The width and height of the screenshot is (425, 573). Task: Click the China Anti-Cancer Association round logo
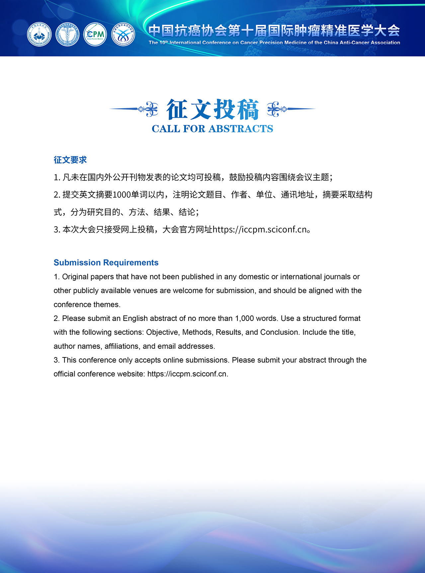coord(39,34)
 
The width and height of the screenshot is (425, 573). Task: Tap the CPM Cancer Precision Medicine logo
coord(95,34)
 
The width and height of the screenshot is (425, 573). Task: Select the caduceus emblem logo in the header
coord(67,34)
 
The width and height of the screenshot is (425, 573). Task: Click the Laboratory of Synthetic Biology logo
coord(123,34)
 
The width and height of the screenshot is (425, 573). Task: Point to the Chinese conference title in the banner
coord(274,31)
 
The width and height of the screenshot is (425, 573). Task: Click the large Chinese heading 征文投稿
coord(212,109)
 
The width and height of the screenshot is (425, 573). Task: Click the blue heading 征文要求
coord(70,160)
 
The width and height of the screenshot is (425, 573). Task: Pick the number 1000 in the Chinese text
coord(122,195)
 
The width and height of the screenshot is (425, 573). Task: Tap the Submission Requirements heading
coord(106,262)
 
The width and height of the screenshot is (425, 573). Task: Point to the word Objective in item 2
coord(162,332)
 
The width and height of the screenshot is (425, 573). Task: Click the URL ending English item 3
coord(188,374)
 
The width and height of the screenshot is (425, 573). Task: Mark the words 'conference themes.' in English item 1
coord(87,304)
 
